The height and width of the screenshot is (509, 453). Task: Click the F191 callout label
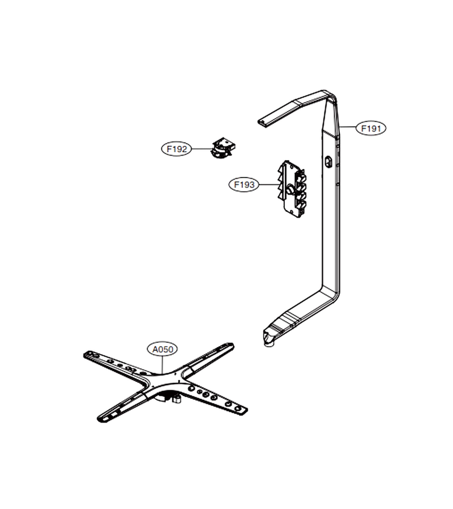coord(371,128)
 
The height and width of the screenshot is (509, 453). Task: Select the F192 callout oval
coord(177,149)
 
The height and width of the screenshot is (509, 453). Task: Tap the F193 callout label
coord(244,185)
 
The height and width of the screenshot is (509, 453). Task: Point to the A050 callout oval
coord(163,350)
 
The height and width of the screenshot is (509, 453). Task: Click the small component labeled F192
coord(223,148)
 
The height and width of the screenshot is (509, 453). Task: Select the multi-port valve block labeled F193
coord(292,189)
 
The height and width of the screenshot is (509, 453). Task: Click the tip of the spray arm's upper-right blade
coord(230,346)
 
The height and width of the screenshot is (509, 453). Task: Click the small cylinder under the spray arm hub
coord(177,399)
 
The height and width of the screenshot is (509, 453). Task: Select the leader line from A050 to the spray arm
coord(163,365)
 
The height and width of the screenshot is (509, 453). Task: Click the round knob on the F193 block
coord(290,189)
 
